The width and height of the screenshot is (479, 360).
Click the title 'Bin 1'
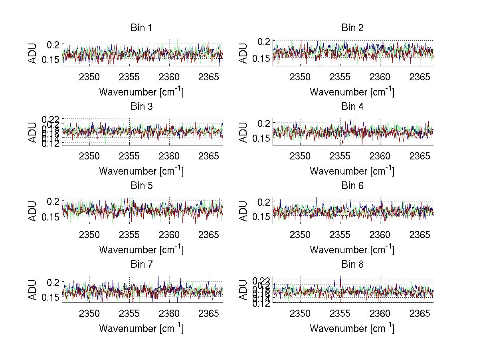click(x=141, y=28)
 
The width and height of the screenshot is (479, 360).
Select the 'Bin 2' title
click(x=352, y=28)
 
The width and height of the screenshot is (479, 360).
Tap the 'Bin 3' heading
click(x=141, y=107)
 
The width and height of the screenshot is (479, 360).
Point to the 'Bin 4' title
click(x=352, y=107)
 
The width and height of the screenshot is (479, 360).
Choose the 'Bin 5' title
click(x=141, y=186)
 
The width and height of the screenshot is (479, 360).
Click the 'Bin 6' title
click(x=352, y=186)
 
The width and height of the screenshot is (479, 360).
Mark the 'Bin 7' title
click(x=141, y=265)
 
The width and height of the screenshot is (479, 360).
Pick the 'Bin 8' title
click(x=352, y=265)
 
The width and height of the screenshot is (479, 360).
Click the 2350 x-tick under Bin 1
click(x=89, y=77)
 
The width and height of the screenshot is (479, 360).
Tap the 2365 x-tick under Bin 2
click(x=420, y=77)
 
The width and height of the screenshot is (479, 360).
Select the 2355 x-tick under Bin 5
click(x=129, y=235)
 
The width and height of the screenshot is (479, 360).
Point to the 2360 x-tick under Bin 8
click(x=380, y=313)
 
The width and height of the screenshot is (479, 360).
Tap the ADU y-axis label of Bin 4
click(x=243, y=132)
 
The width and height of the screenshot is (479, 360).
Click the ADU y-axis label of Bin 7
click(x=33, y=290)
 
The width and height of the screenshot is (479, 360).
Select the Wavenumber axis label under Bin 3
click(x=141, y=171)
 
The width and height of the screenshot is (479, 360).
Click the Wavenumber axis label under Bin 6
click(x=352, y=250)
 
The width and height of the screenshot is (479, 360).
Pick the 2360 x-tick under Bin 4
click(x=380, y=156)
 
